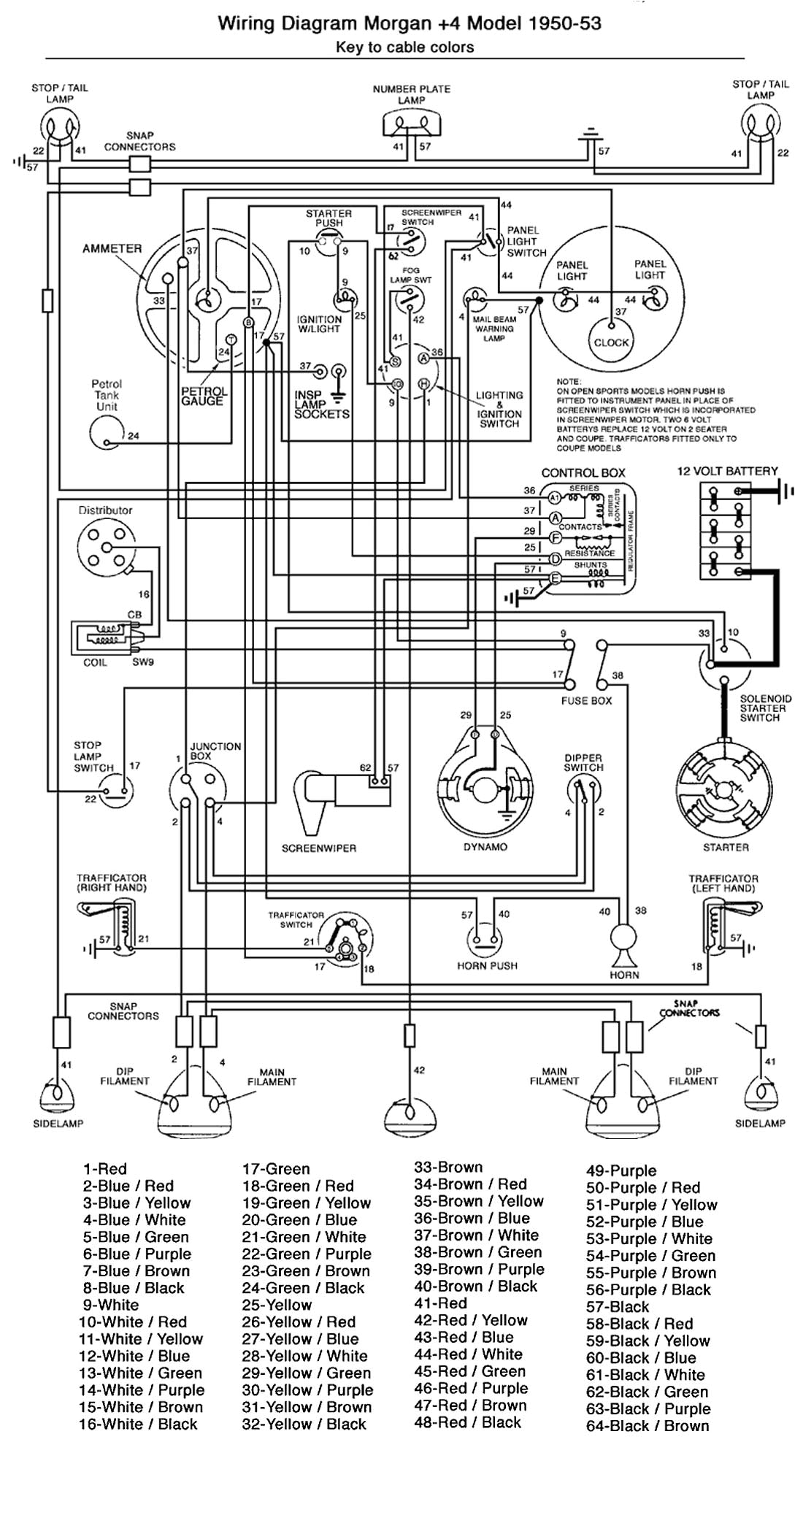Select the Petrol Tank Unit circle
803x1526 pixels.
point(107,432)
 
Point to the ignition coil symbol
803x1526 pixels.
point(104,637)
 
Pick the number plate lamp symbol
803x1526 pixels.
point(412,125)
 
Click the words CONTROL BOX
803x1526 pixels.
point(583,472)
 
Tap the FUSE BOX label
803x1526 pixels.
point(587,700)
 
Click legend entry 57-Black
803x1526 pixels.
point(618,1307)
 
